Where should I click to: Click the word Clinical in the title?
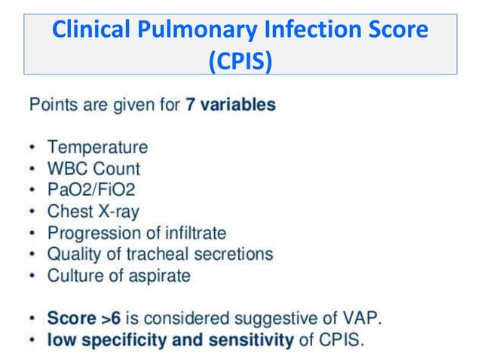coord(85,31)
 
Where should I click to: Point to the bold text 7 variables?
coord(231,105)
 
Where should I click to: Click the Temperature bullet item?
coord(97,147)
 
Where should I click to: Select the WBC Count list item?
coord(93,169)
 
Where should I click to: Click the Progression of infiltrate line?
coord(136,233)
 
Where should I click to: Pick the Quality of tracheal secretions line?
coord(160,255)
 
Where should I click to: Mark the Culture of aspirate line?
coord(119,276)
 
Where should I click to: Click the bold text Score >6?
coord(80,319)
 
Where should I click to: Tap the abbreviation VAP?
coord(362,319)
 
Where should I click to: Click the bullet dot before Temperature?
coord(34,148)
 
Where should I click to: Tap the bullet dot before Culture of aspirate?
coord(34,276)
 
